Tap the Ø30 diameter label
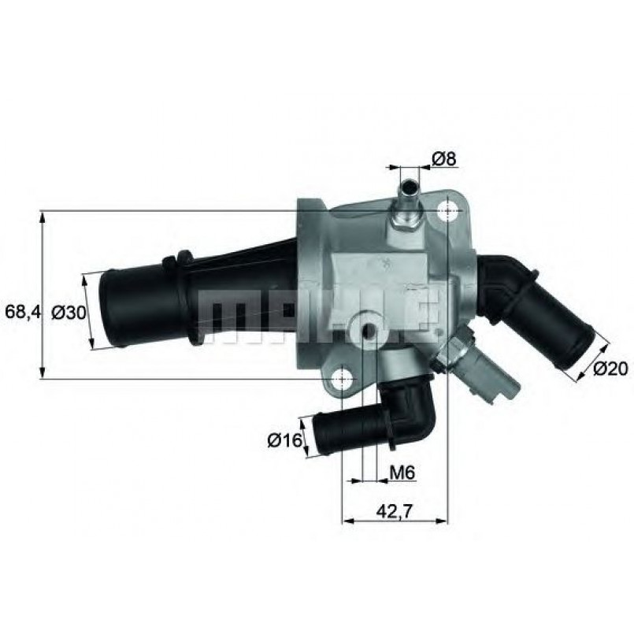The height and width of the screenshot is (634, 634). (68, 312)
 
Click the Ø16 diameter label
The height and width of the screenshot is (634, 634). (285, 441)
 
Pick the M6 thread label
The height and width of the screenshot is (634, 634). (402, 473)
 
